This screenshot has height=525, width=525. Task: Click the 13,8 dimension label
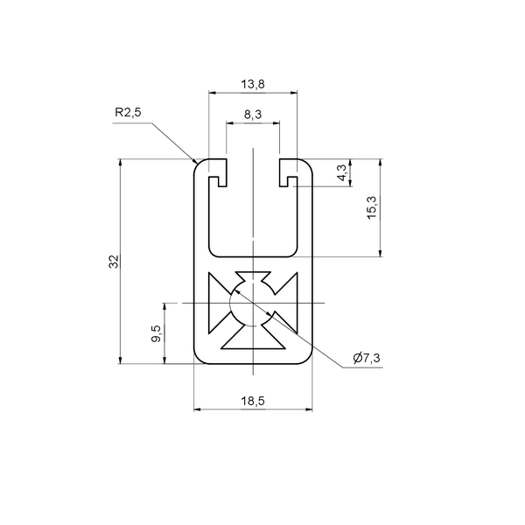coord(253,84)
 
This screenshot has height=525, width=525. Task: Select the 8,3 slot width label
coord(253,115)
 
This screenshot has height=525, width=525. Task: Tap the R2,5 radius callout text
coord(128,112)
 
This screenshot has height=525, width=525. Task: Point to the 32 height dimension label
coord(114,262)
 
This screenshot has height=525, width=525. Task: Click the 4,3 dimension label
coord(342,172)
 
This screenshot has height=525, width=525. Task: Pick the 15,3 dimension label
coord(372,208)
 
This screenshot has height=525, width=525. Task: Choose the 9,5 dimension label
coord(156,333)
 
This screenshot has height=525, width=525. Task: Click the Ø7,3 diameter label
coord(367,358)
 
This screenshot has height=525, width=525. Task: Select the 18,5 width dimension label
coord(253,401)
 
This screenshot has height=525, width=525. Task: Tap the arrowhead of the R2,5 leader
coord(194,161)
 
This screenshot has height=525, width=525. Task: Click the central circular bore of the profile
coord(253,303)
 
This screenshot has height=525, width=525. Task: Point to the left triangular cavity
coord(217,303)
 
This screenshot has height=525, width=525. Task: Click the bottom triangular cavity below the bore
coord(253,339)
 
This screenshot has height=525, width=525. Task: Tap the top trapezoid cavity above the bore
coord(253,277)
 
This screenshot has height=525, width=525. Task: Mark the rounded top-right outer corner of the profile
coord(308,163)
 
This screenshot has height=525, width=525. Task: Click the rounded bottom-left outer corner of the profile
coord(198,360)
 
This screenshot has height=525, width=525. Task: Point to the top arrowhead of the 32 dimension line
coord(121,162)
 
